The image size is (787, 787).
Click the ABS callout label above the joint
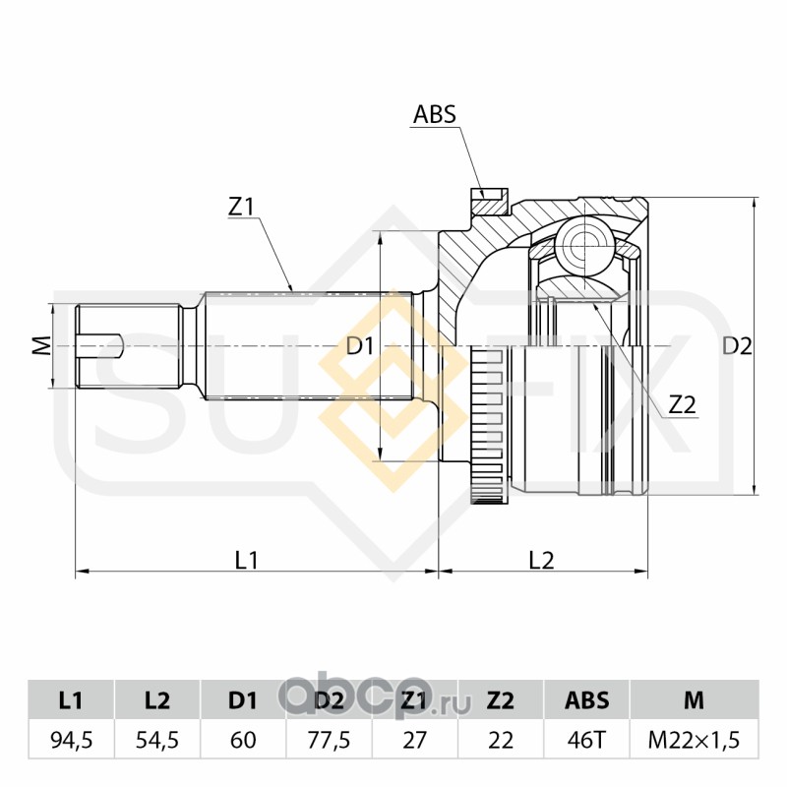click(434, 114)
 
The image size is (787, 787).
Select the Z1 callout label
click(242, 207)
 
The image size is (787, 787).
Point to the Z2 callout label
click(682, 404)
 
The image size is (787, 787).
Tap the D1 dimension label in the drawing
click(360, 346)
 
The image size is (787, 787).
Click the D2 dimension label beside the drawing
click(737, 346)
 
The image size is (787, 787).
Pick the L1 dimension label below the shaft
click(246, 560)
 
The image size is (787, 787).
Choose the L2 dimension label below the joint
click(541, 560)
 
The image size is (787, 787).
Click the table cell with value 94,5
click(71, 740)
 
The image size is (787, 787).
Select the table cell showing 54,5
click(156, 740)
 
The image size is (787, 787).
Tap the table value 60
click(243, 740)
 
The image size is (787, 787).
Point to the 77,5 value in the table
click(329, 740)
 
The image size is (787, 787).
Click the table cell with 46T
click(586, 740)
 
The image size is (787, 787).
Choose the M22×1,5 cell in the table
click(695, 740)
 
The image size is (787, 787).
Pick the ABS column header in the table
click(586, 700)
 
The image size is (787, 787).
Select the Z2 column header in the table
click(501, 700)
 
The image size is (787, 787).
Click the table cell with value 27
click(414, 740)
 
